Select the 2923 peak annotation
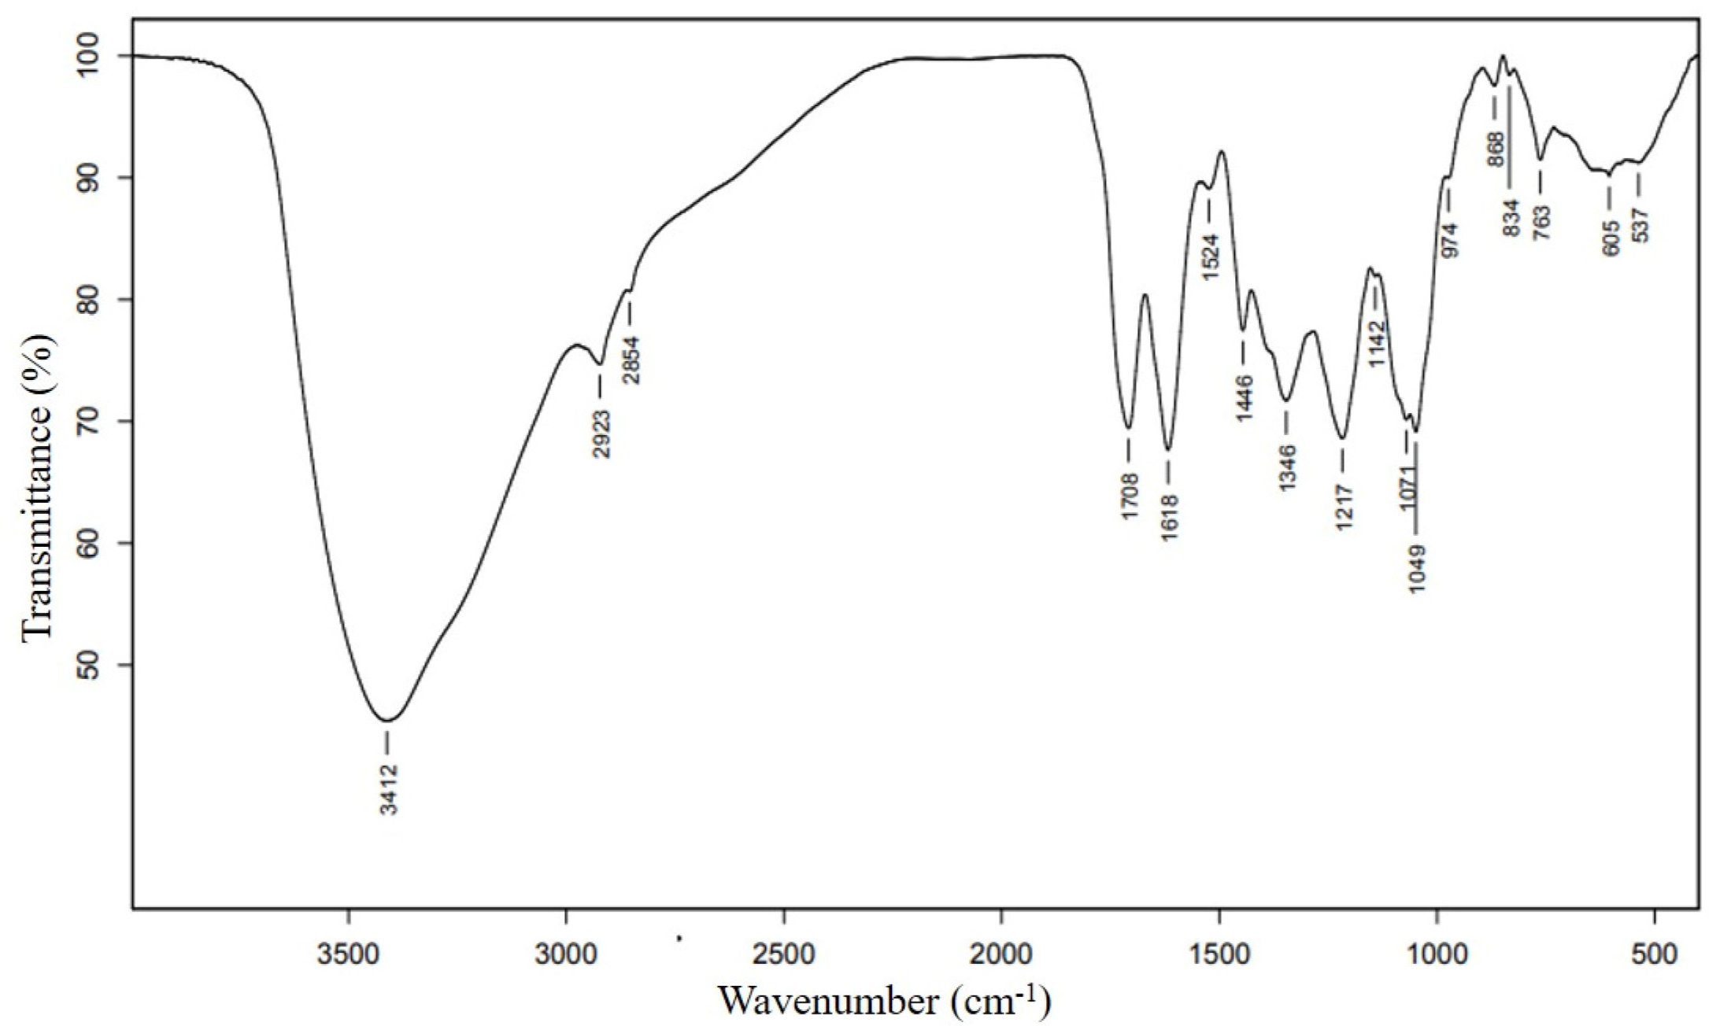point(602,434)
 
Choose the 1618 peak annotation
point(1169,516)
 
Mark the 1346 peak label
point(1287,468)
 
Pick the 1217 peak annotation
point(1344,507)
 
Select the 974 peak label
point(1449,240)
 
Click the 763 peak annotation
point(1541,223)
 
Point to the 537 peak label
point(1640,223)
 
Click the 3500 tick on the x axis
point(348,954)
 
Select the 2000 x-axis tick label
point(1001,954)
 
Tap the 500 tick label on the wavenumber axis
point(1655,954)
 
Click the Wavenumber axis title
point(884,1001)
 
